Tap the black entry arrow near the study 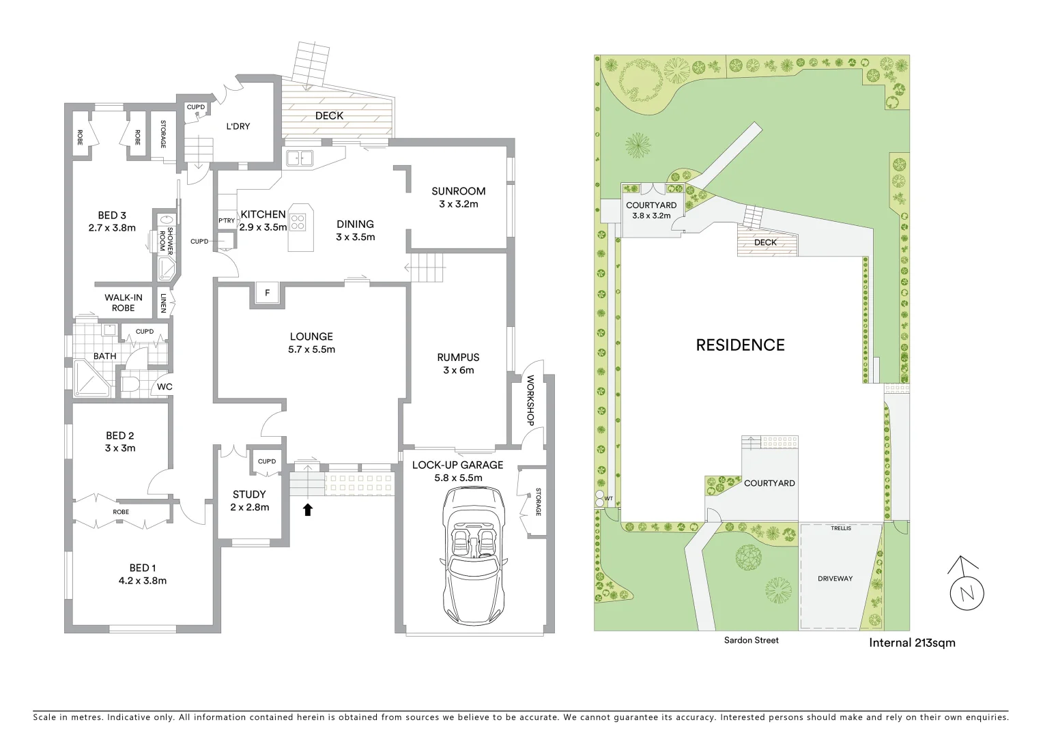[x=308, y=509]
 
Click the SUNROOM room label [x=458, y=191]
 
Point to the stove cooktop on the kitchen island [x=298, y=221]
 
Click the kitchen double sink [x=299, y=158]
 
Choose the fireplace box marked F [x=267, y=293]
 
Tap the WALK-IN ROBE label [x=124, y=302]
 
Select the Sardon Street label [x=752, y=640]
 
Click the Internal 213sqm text [x=912, y=642]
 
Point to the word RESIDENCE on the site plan [x=740, y=345]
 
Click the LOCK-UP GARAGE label [x=457, y=465]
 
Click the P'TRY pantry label [x=226, y=220]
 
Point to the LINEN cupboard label [x=163, y=303]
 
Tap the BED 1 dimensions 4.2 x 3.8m [x=143, y=581]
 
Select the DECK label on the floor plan [x=329, y=115]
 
